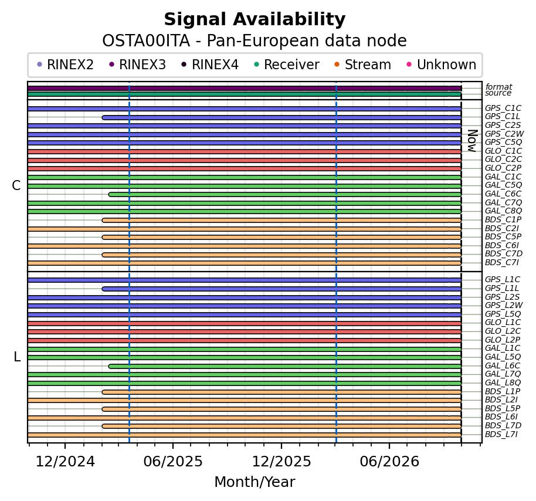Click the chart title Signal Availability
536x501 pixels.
pyautogui.click(x=255, y=19)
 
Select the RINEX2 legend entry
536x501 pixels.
pyautogui.click(x=65, y=65)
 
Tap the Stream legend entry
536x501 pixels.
pyautogui.click(x=362, y=65)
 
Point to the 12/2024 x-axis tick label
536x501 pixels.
pyautogui.click(x=65, y=462)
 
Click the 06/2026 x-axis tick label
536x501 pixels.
pyautogui.click(x=389, y=462)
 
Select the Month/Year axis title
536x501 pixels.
pyautogui.click(x=255, y=482)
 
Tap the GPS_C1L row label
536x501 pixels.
pyautogui.click(x=502, y=117)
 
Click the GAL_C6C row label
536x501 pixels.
pyautogui.click(x=503, y=194)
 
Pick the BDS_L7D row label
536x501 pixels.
pyautogui.click(x=503, y=426)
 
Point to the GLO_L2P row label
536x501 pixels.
pyautogui.click(x=503, y=340)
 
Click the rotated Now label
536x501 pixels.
pyautogui.click(x=472, y=141)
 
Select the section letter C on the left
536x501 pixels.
pyautogui.click(x=16, y=186)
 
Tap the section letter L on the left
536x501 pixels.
pyautogui.click(x=17, y=357)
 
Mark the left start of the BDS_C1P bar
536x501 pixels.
pyautogui.click(x=103, y=220)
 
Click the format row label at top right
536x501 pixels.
pyautogui.click(x=498, y=87)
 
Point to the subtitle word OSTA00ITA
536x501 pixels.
pyautogui.click(x=146, y=41)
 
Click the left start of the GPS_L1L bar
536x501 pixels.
pyautogui.click(x=103, y=289)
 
